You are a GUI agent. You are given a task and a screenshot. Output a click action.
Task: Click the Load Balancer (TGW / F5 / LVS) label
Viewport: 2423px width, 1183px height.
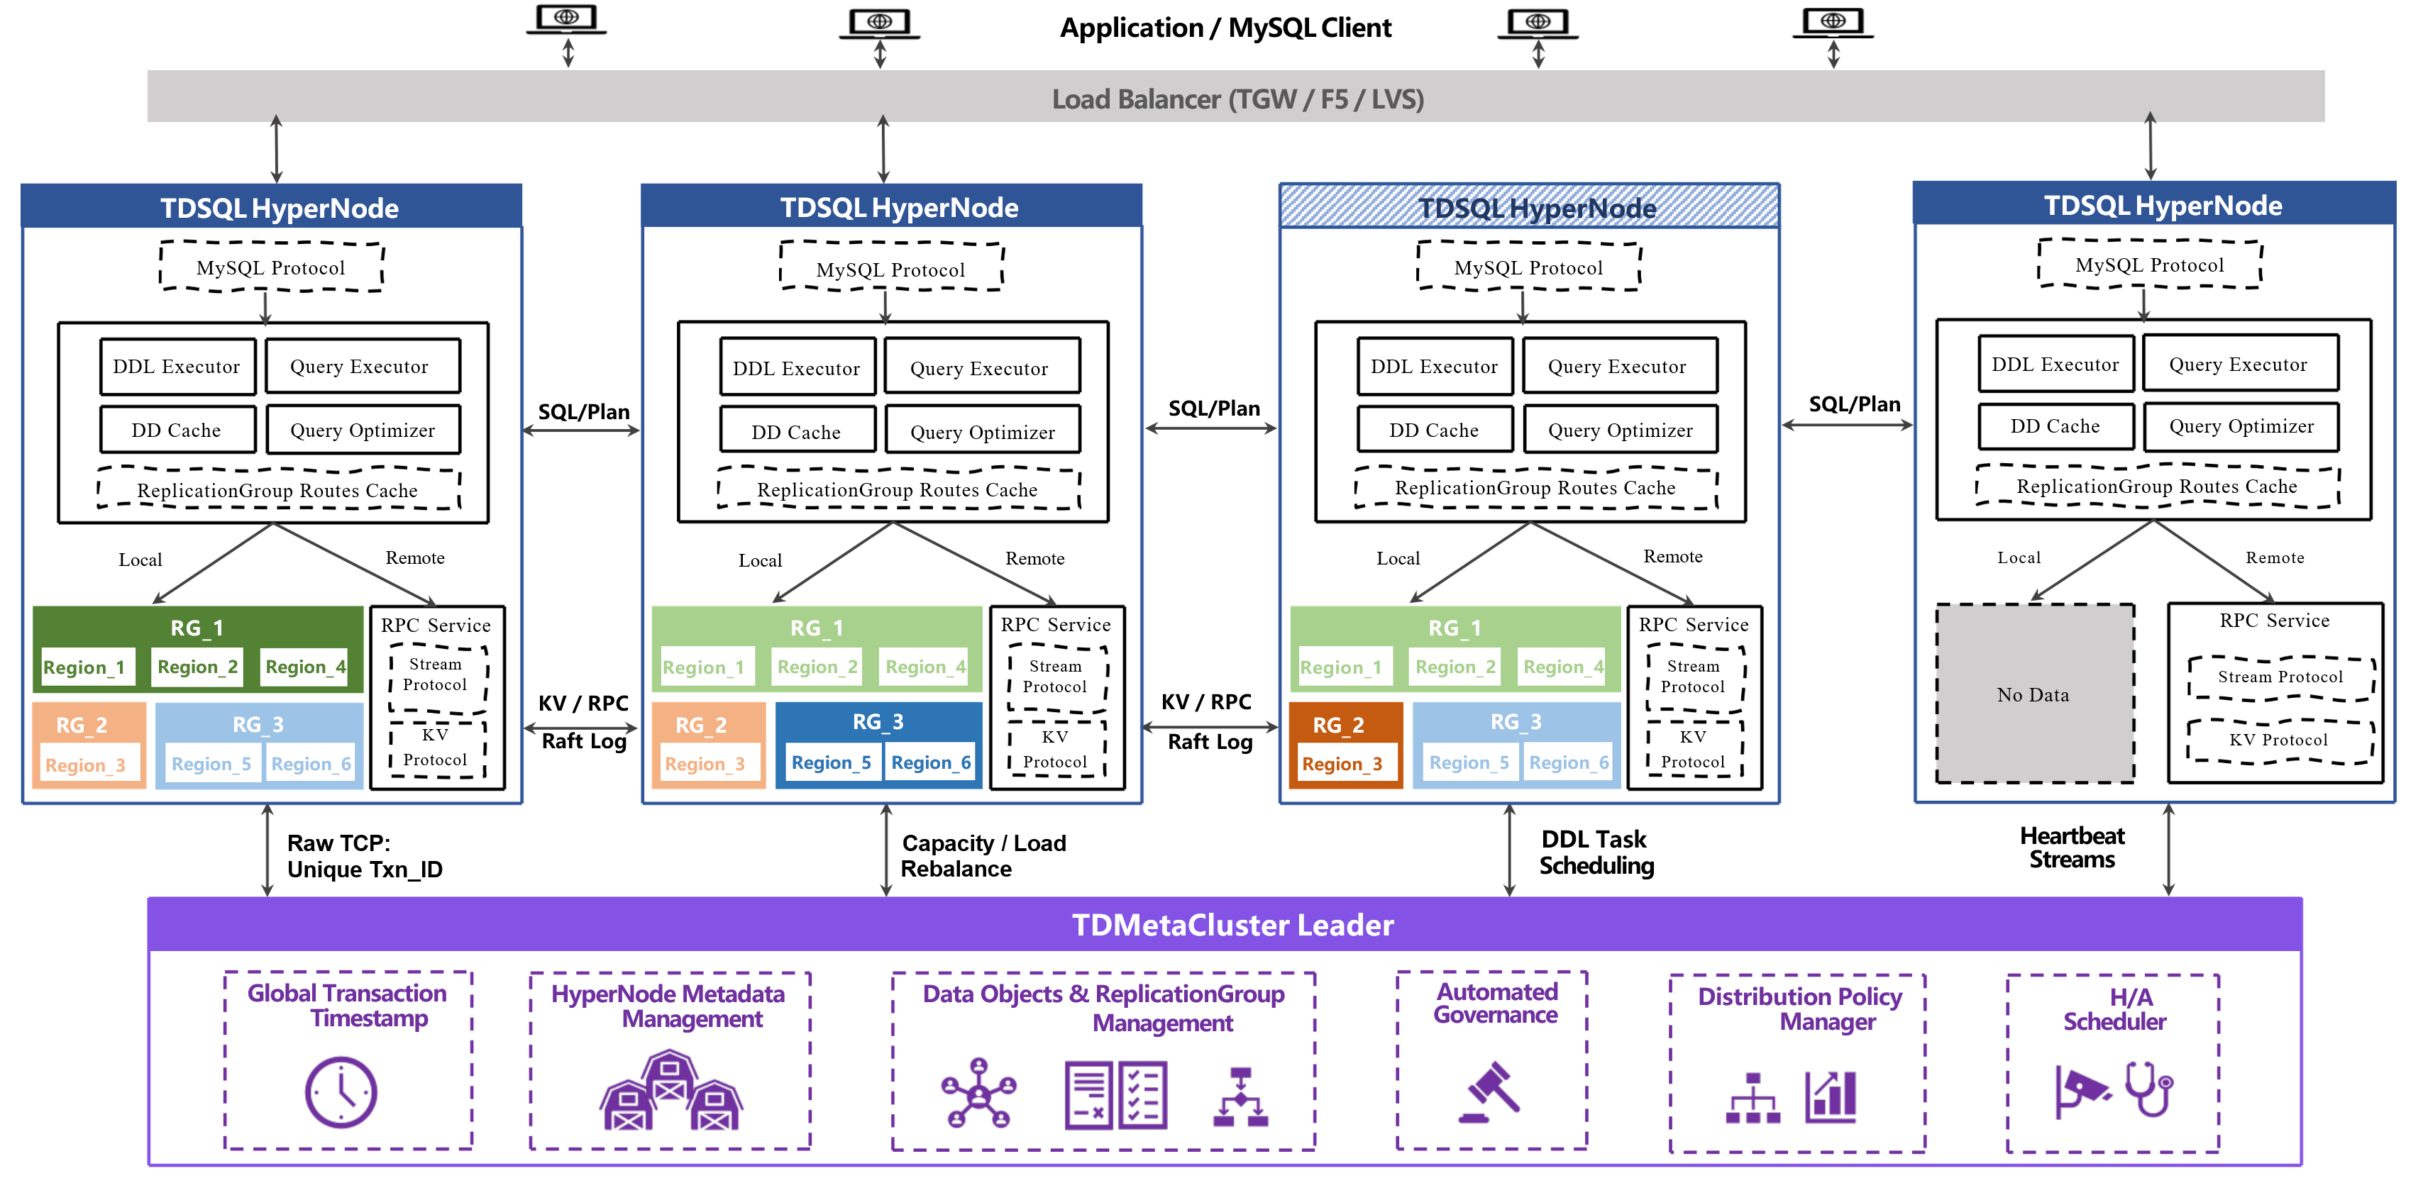pos(1237,99)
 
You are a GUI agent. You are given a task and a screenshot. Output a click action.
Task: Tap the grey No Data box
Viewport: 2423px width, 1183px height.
pos(2033,694)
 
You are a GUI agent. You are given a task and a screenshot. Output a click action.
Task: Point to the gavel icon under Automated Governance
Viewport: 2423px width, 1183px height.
pos(1490,1093)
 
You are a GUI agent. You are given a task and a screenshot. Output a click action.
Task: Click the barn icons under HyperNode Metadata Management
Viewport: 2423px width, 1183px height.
pos(670,1093)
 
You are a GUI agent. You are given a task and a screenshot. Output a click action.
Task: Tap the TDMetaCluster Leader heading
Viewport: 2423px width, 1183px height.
pos(1232,924)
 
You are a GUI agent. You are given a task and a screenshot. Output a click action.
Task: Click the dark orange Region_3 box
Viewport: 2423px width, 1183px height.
pos(1342,764)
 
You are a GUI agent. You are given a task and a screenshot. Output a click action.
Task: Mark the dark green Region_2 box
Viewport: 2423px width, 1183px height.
pos(197,667)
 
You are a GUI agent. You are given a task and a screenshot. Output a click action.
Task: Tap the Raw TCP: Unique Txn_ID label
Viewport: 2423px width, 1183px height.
pos(364,856)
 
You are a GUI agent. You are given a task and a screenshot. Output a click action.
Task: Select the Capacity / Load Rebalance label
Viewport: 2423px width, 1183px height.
pos(983,856)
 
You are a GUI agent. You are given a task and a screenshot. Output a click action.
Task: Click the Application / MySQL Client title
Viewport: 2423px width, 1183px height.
pos(1225,28)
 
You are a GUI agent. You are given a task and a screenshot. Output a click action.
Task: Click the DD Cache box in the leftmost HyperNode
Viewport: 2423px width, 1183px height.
pos(177,430)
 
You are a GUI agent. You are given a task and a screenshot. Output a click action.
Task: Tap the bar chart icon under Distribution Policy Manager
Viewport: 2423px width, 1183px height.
pos(1831,1096)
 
